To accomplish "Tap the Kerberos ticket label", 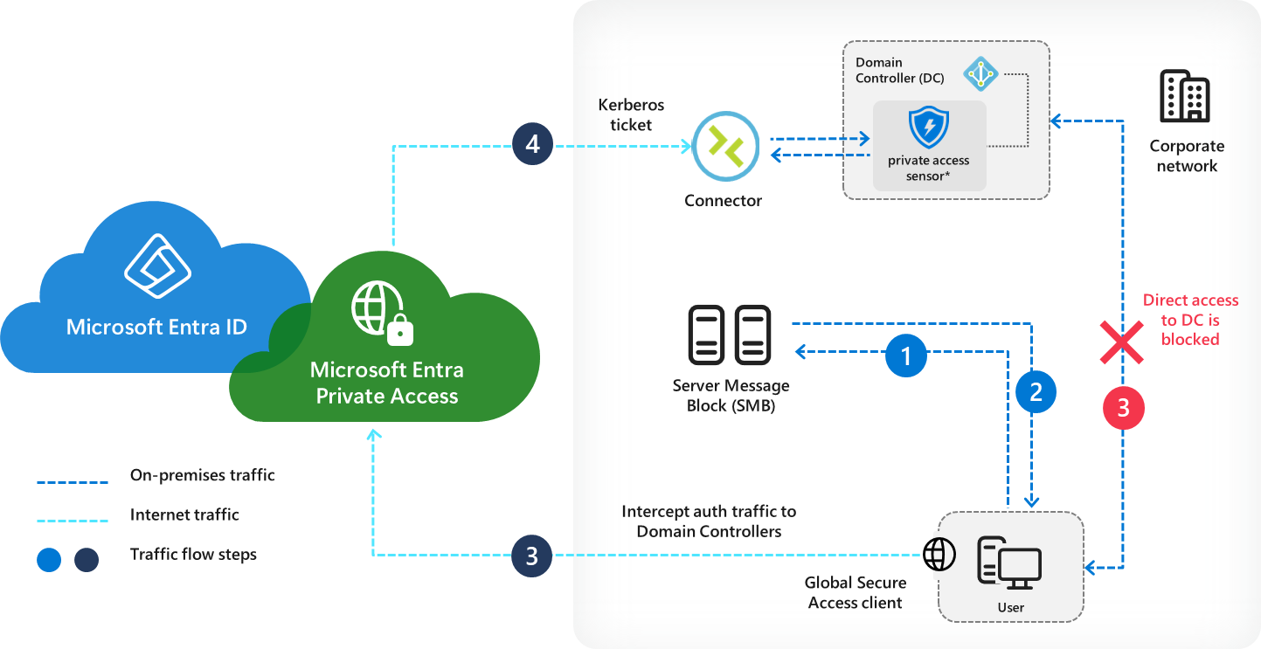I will coord(630,114).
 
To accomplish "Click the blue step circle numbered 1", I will coord(906,355).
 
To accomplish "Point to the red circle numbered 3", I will coord(1123,407).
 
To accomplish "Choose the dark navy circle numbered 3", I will coord(531,556).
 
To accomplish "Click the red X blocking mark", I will coord(1122,342).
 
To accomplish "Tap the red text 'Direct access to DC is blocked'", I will coord(1190,320).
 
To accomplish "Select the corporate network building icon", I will coord(1185,97).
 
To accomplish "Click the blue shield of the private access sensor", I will coord(928,128).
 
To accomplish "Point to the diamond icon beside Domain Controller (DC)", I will coord(980,74).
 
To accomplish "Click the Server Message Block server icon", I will coord(730,335).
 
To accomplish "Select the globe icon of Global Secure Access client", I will coord(939,554).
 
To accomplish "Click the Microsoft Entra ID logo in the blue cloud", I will coord(157,266).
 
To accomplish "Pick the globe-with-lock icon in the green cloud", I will coord(382,313).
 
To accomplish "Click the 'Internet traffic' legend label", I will coord(184,514).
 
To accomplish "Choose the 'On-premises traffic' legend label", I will coord(202,476).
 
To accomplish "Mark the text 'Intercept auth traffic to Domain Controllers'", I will coord(709,521).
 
